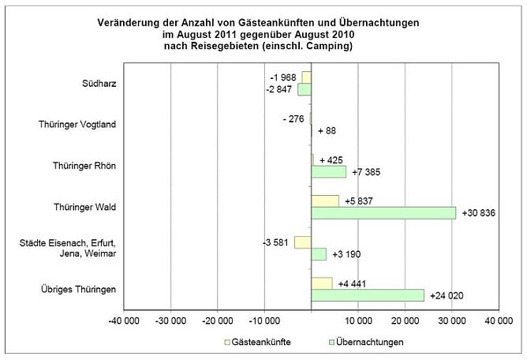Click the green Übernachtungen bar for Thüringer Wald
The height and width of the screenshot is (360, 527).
[383, 212]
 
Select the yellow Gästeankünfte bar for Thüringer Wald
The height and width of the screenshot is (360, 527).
[325, 201]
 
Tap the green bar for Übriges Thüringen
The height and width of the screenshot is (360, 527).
[368, 295]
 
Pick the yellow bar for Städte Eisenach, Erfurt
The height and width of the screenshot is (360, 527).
[303, 242]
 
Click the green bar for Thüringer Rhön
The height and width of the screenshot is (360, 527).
[329, 171]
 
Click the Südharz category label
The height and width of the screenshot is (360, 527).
[100, 83]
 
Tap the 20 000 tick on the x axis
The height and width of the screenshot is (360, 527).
[405, 321]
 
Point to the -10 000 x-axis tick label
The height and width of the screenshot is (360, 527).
[264, 321]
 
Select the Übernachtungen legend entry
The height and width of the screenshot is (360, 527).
[368, 343]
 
